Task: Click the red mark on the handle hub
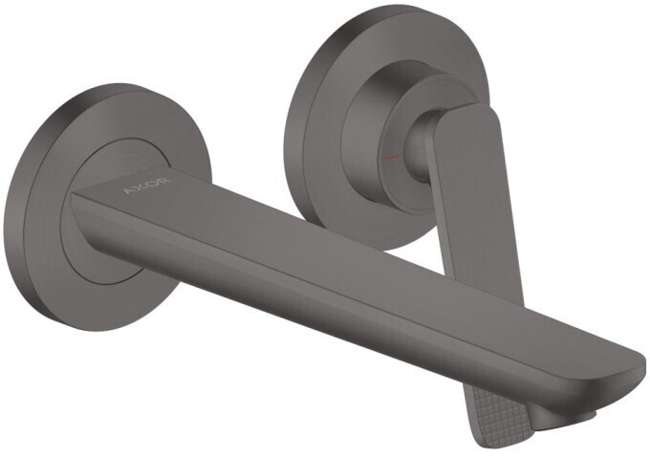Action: pos(389,154)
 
